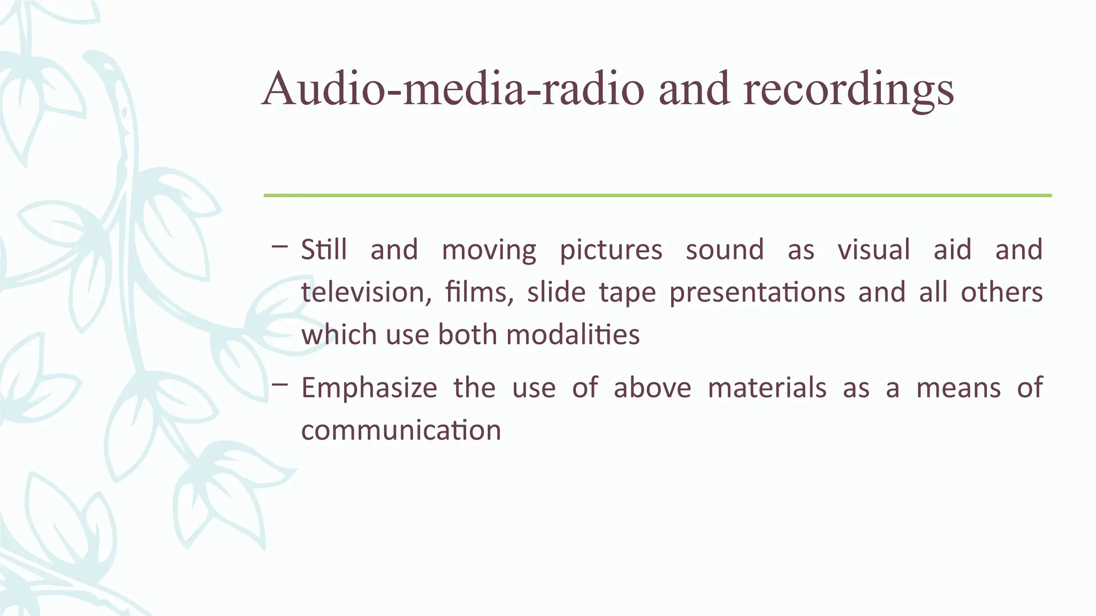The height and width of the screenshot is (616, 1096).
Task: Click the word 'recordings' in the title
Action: point(848,89)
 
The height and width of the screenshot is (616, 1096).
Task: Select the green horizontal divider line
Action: point(658,196)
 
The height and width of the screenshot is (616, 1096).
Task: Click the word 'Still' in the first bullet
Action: point(324,250)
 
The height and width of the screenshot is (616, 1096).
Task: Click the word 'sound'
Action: point(725,250)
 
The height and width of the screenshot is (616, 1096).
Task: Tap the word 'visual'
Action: point(873,250)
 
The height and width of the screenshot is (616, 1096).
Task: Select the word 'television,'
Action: point(366,292)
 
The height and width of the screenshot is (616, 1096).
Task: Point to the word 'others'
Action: point(1001,292)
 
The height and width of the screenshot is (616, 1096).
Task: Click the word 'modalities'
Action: point(573,335)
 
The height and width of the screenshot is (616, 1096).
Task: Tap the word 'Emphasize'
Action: point(369,388)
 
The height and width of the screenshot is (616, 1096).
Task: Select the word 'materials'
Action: point(767,388)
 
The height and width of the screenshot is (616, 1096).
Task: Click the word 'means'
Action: point(958,388)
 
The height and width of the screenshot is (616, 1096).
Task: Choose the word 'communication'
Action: point(401,430)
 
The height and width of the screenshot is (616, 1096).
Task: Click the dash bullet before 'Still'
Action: point(279,247)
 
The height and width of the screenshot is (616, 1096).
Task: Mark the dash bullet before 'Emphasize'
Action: point(279,384)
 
